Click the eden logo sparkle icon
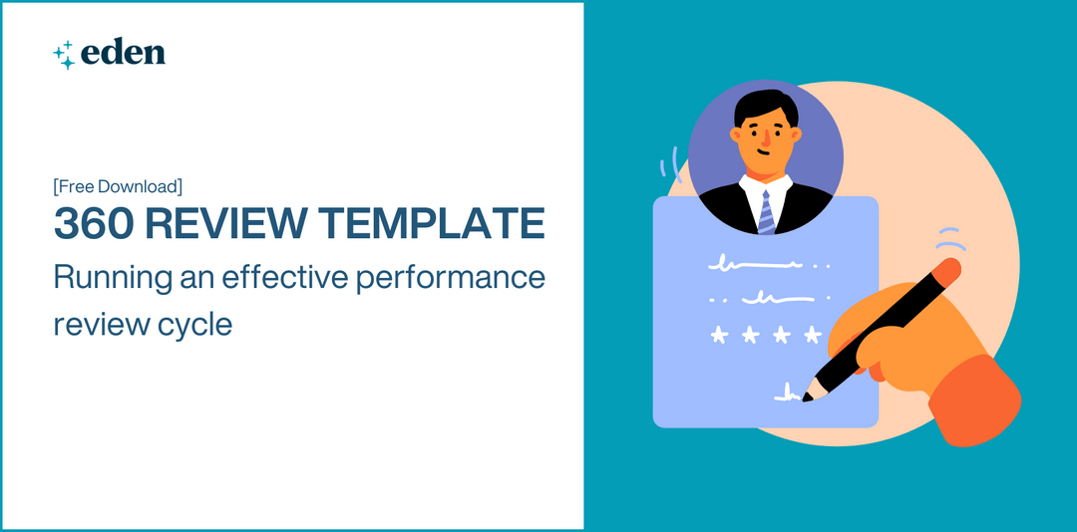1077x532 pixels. pyautogui.click(x=64, y=54)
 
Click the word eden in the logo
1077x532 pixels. pyautogui.click(x=125, y=53)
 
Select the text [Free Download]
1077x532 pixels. pyautogui.click(x=118, y=186)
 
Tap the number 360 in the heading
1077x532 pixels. pyautogui.click(x=92, y=223)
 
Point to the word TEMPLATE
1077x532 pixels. pyautogui.click(x=435, y=223)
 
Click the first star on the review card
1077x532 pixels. pyautogui.click(x=717, y=335)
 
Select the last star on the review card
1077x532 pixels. pyautogui.click(x=813, y=335)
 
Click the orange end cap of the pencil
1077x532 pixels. pyautogui.click(x=949, y=268)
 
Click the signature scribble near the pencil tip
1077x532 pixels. pyautogui.click(x=786, y=395)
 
